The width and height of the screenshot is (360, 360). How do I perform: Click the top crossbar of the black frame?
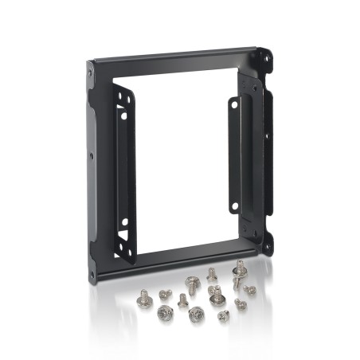tap(175, 56)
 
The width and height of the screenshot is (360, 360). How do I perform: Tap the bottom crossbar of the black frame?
tap(175, 259)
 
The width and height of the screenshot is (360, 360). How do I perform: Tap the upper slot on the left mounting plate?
tap(122, 102)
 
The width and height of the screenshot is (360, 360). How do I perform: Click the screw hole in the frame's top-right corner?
tap(266, 56)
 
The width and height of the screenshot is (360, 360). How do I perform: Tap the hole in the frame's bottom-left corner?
tap(91, 274)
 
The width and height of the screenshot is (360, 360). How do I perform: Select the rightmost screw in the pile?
tap(250, 290)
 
